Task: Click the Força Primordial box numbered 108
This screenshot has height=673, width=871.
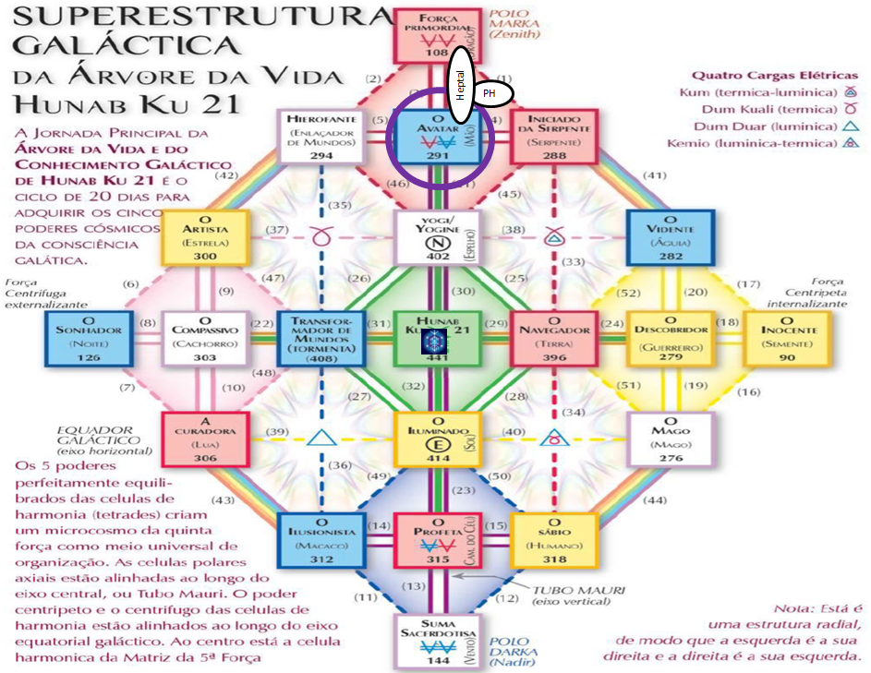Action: (x=436, y=36)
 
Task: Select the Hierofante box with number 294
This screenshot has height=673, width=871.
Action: (x=321, y=137)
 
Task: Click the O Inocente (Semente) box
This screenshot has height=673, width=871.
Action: (x=788, y=339)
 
